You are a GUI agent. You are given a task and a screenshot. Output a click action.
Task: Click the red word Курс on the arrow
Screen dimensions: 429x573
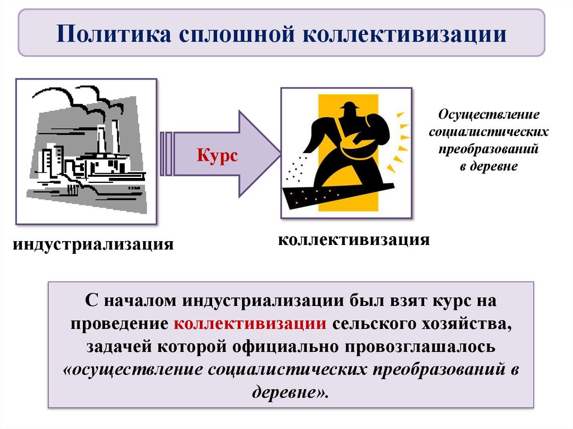point(217,155)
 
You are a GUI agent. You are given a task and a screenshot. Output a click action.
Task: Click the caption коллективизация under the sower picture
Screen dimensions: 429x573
point(354,240)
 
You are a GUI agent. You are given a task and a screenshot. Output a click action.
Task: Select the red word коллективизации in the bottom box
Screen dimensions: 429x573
point(250,324)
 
